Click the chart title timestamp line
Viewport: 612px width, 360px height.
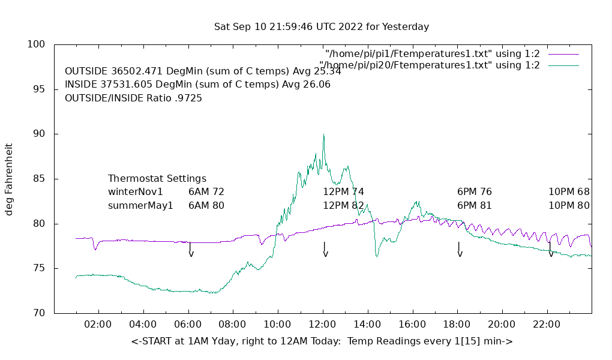coord(322,27)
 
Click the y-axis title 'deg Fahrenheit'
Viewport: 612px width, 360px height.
coord(9,179)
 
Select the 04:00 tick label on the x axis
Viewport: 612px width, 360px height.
coord(143,325)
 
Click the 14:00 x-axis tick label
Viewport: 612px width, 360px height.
coord(367,325)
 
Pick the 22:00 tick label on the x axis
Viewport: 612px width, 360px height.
coord(547,325)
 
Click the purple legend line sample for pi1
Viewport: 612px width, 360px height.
coord(563,54)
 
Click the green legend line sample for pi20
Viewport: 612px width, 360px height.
coord(563,65)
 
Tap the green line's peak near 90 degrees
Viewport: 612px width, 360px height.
coord(323,135)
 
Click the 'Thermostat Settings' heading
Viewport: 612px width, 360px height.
coord(157,179)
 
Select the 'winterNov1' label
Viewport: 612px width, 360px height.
coord(136,192)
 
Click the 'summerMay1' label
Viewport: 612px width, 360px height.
coord(140,205)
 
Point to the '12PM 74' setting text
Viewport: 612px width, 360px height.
coord(344,192)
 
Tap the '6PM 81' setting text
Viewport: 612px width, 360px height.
coord(475,205)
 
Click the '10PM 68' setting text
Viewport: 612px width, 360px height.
coord(569,192)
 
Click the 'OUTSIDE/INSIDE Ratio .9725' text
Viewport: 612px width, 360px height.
coord(133,98)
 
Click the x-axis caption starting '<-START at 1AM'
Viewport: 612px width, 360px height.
coord(322,341)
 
